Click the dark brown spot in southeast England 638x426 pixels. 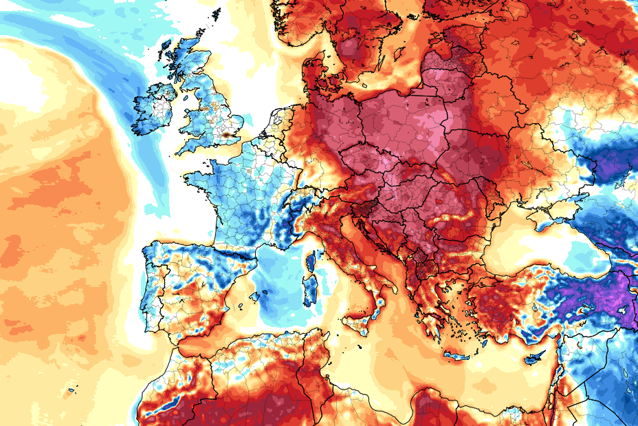(225, 136)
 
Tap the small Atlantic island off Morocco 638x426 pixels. (71, 392)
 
